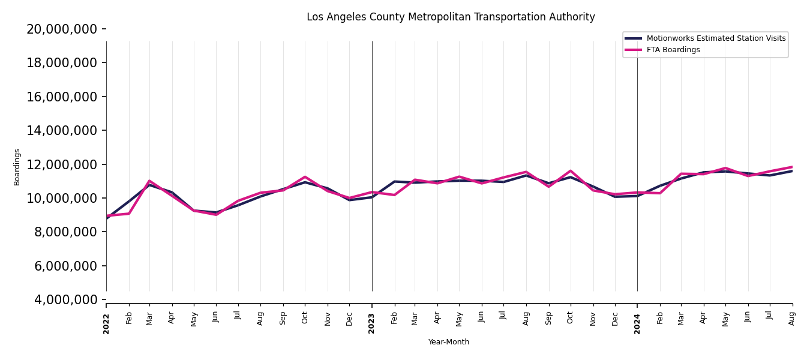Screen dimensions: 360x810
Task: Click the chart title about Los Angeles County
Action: (451, 17)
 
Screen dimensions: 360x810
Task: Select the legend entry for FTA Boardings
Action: (673, 50)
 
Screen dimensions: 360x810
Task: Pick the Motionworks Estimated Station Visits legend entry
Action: (716, 38)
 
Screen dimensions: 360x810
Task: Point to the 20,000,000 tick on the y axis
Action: (62, 29)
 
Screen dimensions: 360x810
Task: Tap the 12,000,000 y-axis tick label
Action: (62, 164)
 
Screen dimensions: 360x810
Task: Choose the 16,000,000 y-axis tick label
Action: (62, 97)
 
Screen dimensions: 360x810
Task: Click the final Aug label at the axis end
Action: (792, 318)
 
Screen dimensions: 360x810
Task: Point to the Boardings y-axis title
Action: (17, 167)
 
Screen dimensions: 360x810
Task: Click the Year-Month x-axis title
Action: (449, 342)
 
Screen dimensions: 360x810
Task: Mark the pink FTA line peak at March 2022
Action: (149, 181)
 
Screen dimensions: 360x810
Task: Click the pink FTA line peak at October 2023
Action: (571, 170)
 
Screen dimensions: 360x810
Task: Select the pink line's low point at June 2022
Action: (216, 214)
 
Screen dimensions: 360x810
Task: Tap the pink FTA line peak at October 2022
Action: (305, 177)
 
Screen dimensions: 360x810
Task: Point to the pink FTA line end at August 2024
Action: (792, 167)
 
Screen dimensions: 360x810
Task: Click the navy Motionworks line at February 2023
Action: (394, 181)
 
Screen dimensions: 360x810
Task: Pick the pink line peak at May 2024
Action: (725, 168)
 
